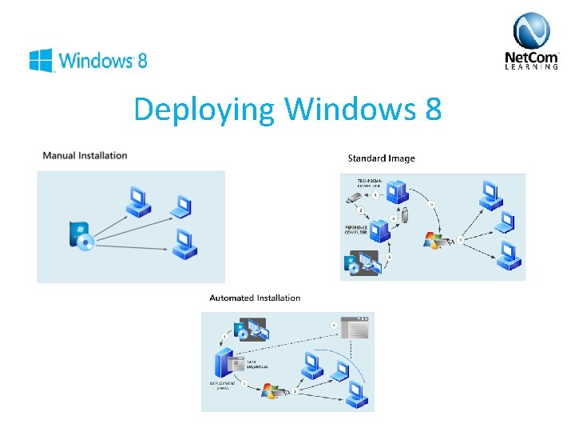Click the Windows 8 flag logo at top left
coord(41,60)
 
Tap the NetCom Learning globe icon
coord(531,31)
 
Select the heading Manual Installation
coord(85,155)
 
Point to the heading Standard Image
coord(381,158)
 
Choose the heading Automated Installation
coord(255,298)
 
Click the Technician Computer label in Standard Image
coord(370,184)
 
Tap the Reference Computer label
coord(356,230)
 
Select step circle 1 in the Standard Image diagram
coord(375,196)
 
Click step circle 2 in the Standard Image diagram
coord(360,210)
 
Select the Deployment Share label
coord(223,386)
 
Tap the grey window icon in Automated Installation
coord(355,329)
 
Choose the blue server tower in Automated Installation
coord(223,363)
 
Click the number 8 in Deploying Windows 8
coord(431,109)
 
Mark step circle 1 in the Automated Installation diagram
coord(224,337)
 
